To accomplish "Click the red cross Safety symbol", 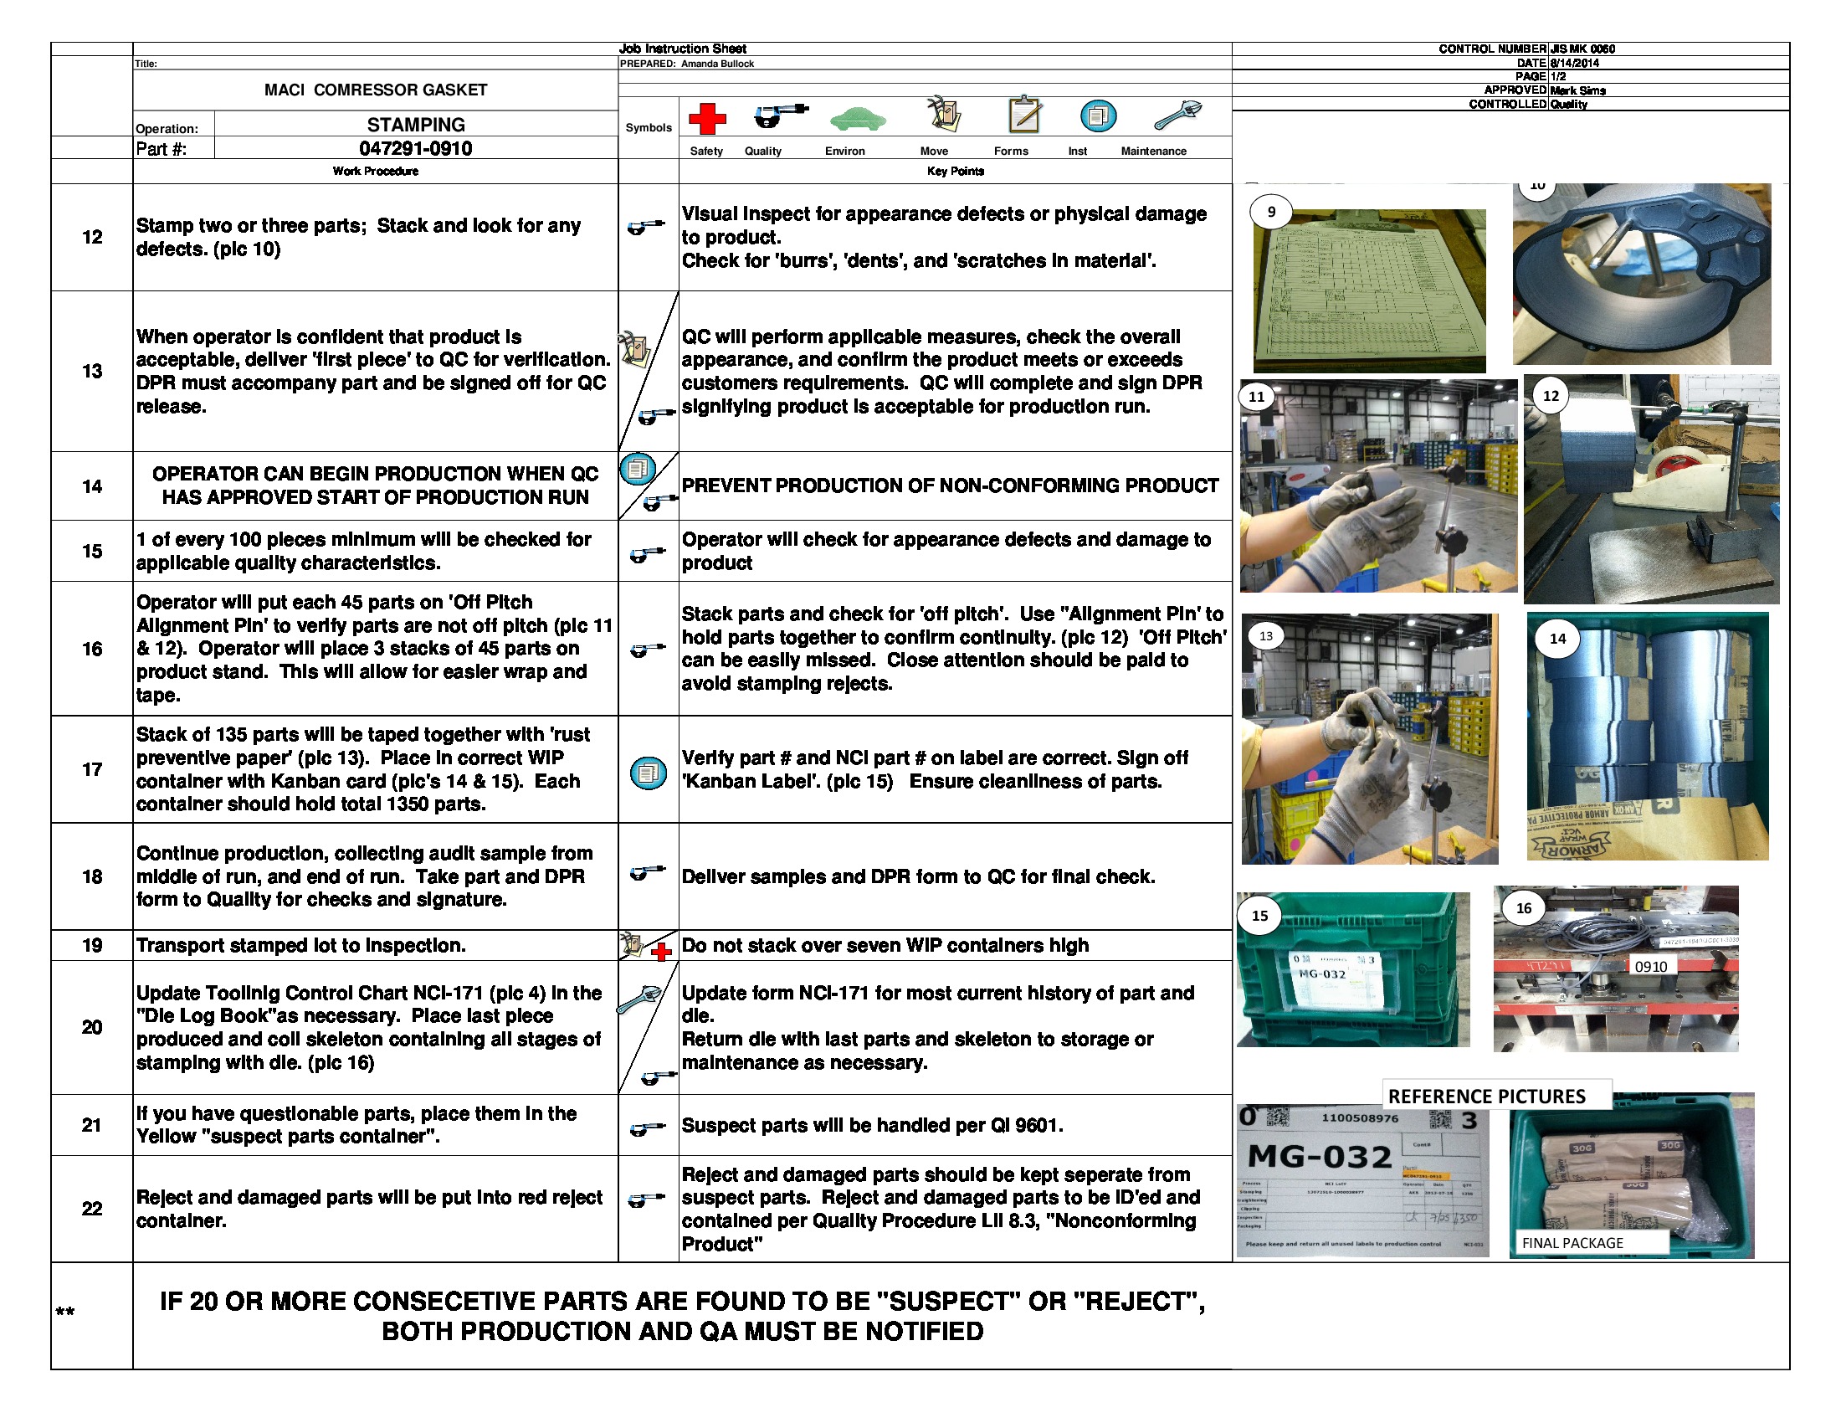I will (706, 119).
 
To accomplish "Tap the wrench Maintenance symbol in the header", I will (1177, 116).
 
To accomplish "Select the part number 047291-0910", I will (416, 148).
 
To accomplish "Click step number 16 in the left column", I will (92, 648).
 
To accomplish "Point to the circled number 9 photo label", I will (1271, 212).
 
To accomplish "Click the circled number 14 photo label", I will (1557, 638).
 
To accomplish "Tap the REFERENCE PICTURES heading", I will (1486, 1096).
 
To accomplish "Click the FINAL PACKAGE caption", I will (1572, 1242).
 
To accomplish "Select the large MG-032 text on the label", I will (1319, 1156).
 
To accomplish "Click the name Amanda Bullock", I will (717, 64).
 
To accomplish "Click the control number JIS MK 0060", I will (1582, 49).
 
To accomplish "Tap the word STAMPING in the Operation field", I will (416, 125).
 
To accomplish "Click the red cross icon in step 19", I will (662, 952).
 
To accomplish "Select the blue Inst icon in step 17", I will (649, 773).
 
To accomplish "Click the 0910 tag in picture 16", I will (1649, 966).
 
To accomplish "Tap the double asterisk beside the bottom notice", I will (65, 1312).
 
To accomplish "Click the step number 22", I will (92, 1208).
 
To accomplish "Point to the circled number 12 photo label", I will (1550, 395).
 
